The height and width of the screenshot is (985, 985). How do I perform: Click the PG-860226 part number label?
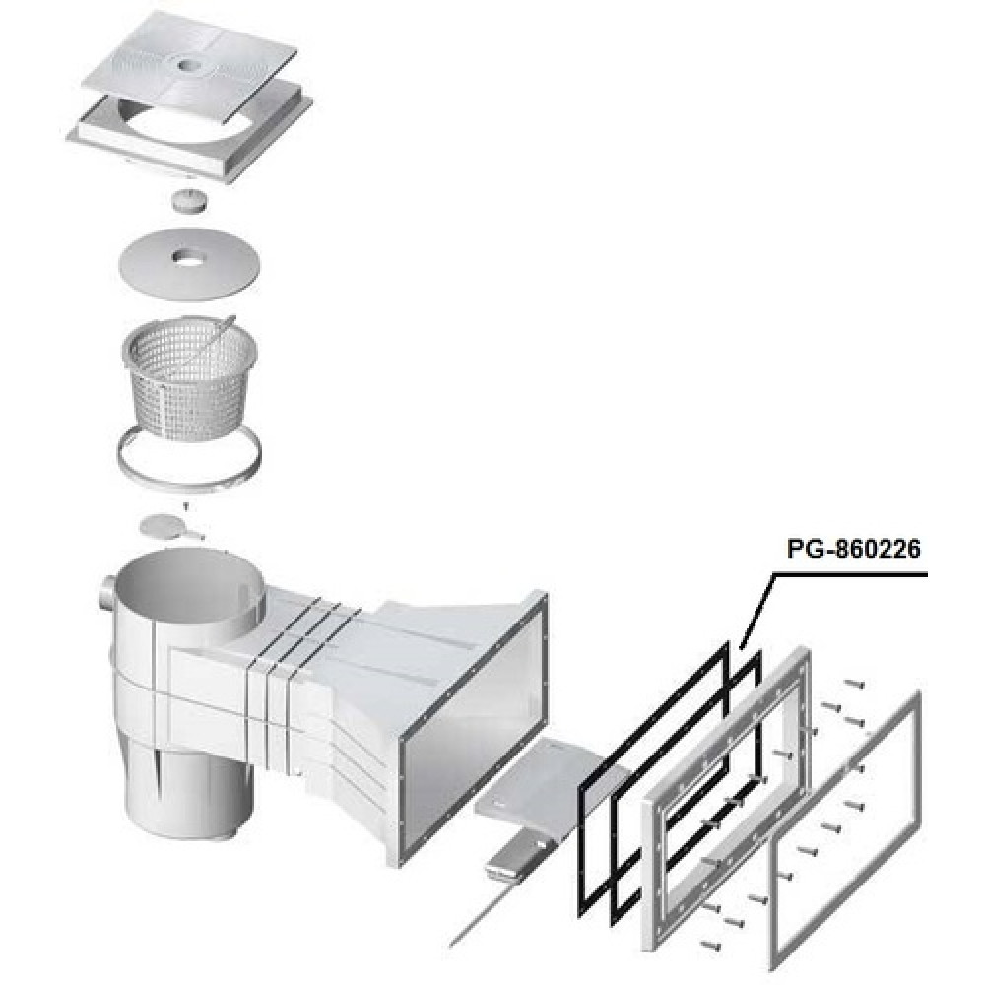pyautogui.click(x=853, y=549)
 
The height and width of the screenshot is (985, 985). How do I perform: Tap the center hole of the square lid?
pyautogui.click(x=188, y=65)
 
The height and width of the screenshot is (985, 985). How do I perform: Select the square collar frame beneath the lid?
pyautogui.click(x=189, y=132)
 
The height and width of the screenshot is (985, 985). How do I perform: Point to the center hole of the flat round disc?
pyautogui.click(x=186, y=256)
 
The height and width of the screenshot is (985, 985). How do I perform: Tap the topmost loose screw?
pyautogui.click(x=854, y=684)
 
